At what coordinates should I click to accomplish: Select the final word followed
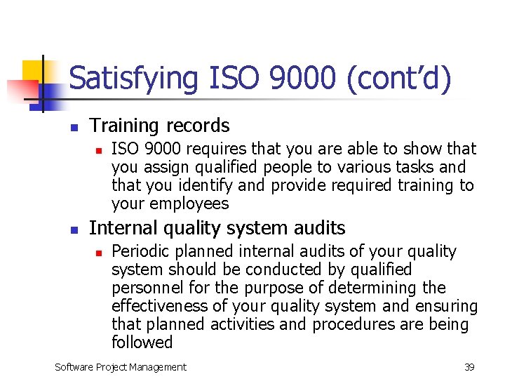pyautogui.click(x=142, y=343)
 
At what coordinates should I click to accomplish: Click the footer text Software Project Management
pyautogui.click(x=121, y=366)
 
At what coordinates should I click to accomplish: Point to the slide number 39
pyautogui.click(x=469, y=366)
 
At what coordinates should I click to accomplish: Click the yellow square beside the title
pyautogui.click(x=34, y=72)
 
